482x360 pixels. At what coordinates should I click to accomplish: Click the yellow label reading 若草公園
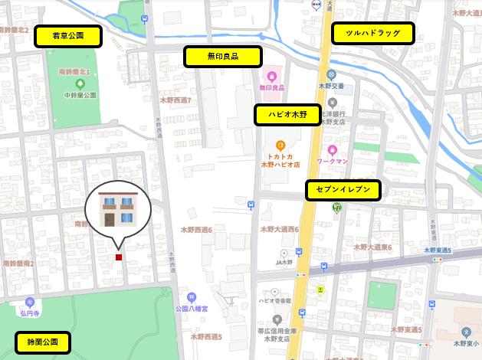pos(68,36)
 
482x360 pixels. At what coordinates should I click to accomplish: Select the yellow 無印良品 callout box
pos(222,57)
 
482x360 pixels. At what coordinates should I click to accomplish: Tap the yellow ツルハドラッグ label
pos(372,33)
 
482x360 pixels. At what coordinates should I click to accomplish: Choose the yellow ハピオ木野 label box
pos(287,115)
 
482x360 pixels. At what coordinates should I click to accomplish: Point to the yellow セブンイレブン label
pos(343,190)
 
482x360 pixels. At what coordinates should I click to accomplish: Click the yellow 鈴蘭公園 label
pos(42,342)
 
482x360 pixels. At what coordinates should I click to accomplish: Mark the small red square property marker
pos(119,257)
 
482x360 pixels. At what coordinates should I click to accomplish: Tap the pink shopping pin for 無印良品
pos(271,77)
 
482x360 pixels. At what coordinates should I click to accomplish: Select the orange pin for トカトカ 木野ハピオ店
pos(280,145)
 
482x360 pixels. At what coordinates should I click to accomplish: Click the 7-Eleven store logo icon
pos(336,206)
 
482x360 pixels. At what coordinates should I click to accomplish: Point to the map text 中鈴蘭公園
pos(80,95)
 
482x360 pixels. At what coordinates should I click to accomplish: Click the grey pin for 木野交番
pos(331,75)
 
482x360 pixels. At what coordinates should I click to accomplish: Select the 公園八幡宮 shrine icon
pos(191,297)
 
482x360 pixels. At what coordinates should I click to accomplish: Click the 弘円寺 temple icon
pos(30,302)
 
